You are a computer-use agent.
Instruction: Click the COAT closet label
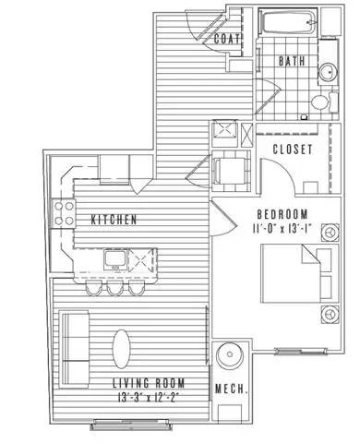click(x=227, y=40)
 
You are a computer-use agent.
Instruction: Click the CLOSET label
click(x=292, y=150)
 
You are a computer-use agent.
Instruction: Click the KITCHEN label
click(x=114, y=220)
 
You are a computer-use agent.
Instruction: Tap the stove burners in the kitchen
click(x=65, y=214)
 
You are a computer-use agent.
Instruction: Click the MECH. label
click(x=231, y=389)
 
